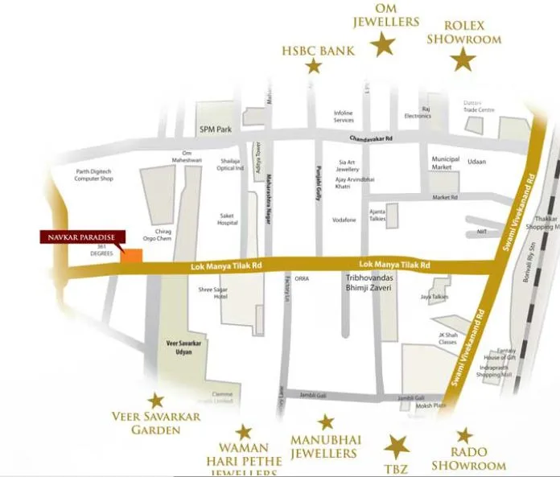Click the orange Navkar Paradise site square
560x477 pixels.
pyautogui.click(x=132, y=256)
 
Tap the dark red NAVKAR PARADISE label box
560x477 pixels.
pyautogui.click(x=83, y=237)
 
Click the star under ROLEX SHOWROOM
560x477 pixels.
pyautogui.click(x=463, y=60)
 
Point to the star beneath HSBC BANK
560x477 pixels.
pyautogui.click(x=314, y=66)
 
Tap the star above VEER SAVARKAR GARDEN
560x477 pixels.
pyautogui.click(x=155, y=400)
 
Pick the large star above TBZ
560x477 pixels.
pyautogui.click(x=397, y=446)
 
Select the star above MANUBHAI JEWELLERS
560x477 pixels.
pyautogui.click(x=326, y=422)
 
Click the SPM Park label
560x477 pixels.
pyautogui.click(x=215, y=130)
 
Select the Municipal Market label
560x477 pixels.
pyautogui.click(x=446, y=163)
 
